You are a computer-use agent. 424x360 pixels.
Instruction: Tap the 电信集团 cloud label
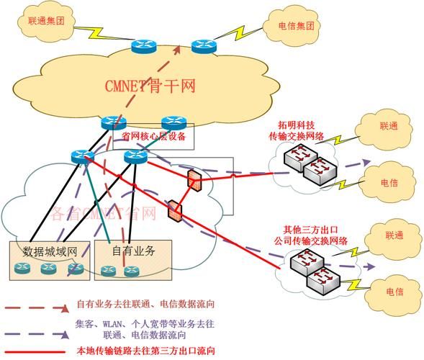click(x=296, y=26)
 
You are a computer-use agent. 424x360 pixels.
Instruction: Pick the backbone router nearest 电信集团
click(x=204, y=46)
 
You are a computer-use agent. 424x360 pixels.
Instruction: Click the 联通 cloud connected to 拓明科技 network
click(x=388, y=125)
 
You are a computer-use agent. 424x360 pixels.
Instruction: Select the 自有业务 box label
click(x=135, y=251)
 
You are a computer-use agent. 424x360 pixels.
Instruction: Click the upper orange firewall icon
click(x=193, y=180)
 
